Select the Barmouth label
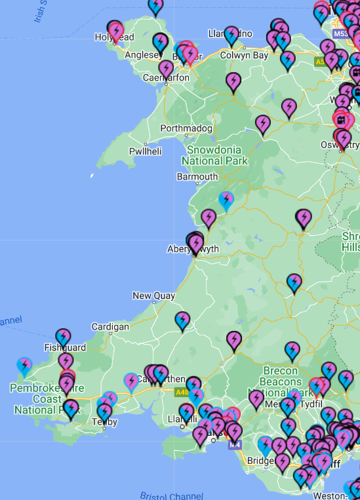(197, 177)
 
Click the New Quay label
(153, 296)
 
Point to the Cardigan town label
(110, 326)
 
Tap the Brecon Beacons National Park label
(281, 381)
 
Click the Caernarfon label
(167, 77)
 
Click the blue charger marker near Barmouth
(226, 199)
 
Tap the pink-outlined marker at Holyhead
(116, 31)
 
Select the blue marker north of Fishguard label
(63, 336)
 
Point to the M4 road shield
(235, 444)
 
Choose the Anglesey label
(139, 55)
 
